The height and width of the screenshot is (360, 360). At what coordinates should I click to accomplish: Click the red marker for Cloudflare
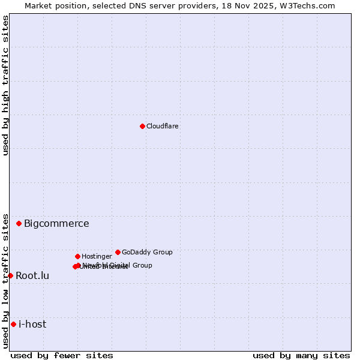[142, 126]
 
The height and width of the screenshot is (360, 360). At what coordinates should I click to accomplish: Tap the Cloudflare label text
[163, 126]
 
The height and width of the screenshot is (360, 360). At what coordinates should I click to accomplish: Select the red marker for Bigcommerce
[19, 223]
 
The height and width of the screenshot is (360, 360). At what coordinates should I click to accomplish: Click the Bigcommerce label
[56, 224]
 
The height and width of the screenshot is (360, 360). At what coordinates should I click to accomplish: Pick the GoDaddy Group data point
[118, 252]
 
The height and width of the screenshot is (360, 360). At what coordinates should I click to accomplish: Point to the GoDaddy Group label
[147, 252]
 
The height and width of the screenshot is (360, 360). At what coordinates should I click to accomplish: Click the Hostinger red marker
[77, 256]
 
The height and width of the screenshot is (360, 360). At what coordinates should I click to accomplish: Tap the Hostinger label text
[97, 256]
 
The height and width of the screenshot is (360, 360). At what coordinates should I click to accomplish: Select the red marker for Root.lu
[10, 275]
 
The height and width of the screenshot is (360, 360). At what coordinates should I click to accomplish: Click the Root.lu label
[32, 276]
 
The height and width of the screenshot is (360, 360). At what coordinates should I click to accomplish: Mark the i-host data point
[13, 324]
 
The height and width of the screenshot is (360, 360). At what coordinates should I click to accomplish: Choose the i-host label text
[32, 325]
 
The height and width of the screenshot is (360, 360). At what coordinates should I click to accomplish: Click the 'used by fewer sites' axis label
[62, 355]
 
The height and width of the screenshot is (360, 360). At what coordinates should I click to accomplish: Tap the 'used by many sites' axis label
[301, 355]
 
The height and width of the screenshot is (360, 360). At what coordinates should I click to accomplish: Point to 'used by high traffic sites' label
[5, 85]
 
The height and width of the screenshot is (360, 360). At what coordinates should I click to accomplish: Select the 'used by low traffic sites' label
[5, 281]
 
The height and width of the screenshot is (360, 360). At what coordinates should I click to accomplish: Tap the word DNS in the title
[163, 5]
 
